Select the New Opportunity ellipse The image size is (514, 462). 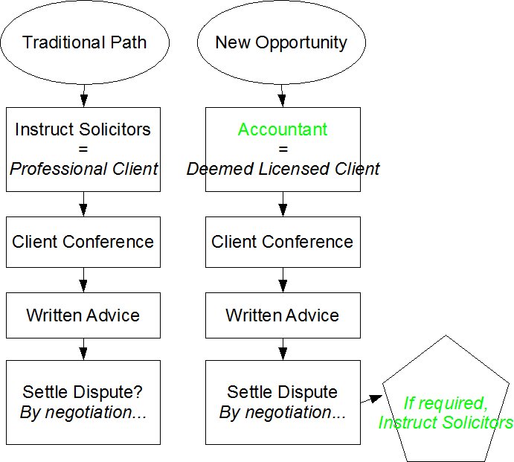click(x=282, y=42)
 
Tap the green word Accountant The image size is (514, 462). click(x=283, y=129)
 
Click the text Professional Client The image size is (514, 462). click(x=83, y=169)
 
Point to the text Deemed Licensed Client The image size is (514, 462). click(x=283, y=169)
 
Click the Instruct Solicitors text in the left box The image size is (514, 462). click(x=83, y=129)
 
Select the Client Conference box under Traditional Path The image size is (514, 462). click(x=83, y=242)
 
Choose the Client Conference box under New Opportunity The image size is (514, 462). click(x=283, y=242)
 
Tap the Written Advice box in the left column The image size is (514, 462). click(x=83, y=315)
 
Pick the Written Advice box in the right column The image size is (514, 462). click(x=283, y=315)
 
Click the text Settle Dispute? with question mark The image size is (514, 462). click(x=83, y=392)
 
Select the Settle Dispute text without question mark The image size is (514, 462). click(x=283, y=392)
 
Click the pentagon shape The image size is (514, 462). click(x=447, y=402)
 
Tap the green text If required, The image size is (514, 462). click(x=445, y=403)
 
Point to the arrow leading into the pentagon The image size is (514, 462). click(x=371, y=400)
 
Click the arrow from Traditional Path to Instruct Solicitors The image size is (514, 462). click(x=83, y=95)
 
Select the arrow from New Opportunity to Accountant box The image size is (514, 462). click(x=283, y=95)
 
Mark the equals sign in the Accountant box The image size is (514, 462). click(x=283, y=149)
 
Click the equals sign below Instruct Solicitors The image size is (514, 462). click(x=83, y=149)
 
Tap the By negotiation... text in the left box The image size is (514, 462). click(x=83, y=412)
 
